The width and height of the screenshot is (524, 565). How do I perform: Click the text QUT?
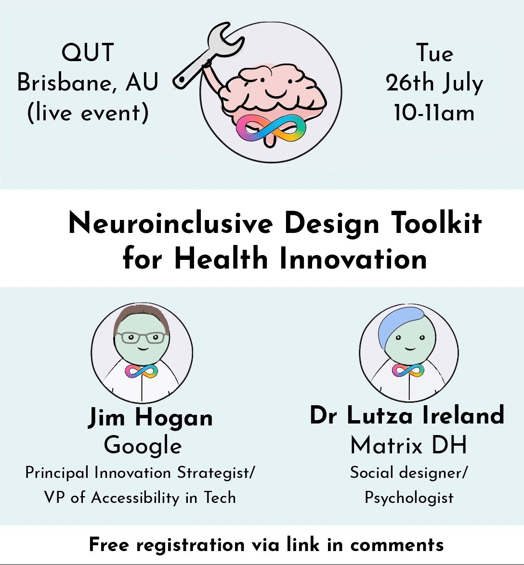(x=88, y=52)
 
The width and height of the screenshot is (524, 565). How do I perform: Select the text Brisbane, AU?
(x=88, y=83)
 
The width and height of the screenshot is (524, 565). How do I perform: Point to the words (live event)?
(x=88, y=113)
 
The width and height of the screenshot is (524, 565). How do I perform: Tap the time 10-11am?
(x=434, y=113)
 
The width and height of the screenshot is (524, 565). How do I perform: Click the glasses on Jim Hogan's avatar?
(x=142, y=337)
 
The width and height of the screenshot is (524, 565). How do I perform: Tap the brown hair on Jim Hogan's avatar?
(x=142, y=315)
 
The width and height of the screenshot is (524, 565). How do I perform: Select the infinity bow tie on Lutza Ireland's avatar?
(x=408, y=371)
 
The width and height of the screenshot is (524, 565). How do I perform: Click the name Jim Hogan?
(x=150, y=417)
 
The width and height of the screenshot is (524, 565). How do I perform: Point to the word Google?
(x=143, y=445)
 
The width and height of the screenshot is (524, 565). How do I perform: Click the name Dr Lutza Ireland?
(x=407, y=415)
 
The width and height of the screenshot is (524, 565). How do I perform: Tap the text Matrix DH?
(x=408, y=445)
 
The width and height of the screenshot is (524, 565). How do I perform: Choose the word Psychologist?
(x=409, y=497)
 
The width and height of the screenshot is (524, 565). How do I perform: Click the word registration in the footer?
(x=190, y=545)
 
